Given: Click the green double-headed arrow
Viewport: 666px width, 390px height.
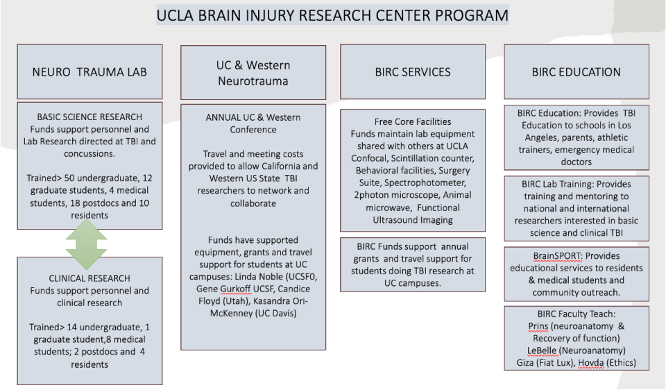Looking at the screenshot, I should point(87,244).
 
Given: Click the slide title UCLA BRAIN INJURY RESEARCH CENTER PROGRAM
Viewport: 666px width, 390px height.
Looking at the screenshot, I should point(332,15).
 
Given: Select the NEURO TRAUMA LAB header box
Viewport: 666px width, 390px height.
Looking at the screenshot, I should point(89,71).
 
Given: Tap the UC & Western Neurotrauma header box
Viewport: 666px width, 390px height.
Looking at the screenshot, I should point(253,72).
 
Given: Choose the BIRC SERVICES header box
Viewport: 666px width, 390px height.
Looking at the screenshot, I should point(412,71).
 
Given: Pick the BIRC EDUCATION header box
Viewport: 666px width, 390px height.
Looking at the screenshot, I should point(576,71).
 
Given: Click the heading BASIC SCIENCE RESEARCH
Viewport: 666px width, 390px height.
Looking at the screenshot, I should point(89,117).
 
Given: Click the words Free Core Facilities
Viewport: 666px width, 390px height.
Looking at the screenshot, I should point(412,121).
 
